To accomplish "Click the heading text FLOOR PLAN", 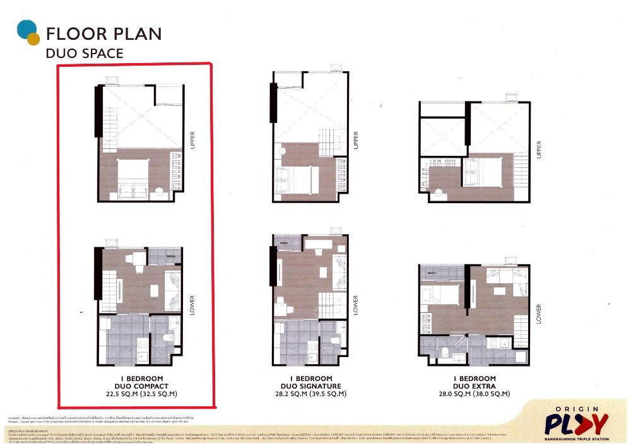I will (103, 33).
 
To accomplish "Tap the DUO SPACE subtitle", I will (85, 54).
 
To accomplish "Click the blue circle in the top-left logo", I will (26, 29).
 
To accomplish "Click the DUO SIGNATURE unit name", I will (311, 386).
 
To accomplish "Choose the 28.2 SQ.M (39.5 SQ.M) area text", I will (311, 394).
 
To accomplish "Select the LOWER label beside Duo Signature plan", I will (355, 304).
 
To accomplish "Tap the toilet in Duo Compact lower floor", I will (168, 338).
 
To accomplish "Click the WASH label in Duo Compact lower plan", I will (170, 257).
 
